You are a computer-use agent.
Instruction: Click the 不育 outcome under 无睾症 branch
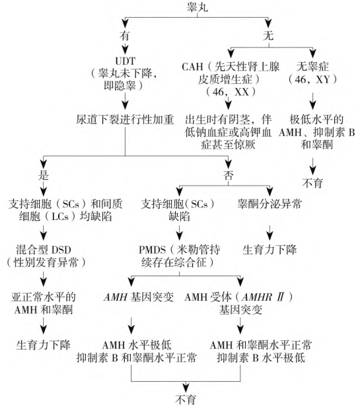312,183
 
